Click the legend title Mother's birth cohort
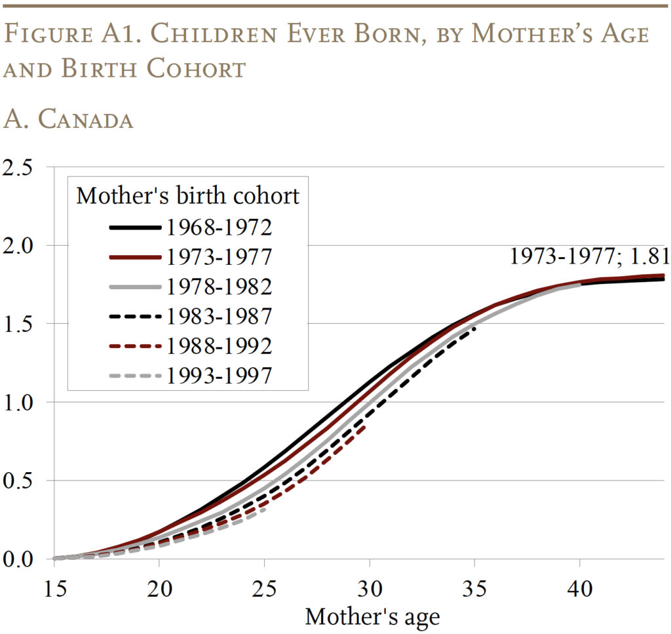tap(188, 195)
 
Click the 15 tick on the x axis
tap(54, 588)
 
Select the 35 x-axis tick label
tap(475, 588)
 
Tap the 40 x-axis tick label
tap(581, 588)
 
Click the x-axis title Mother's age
tap(372, 616)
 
